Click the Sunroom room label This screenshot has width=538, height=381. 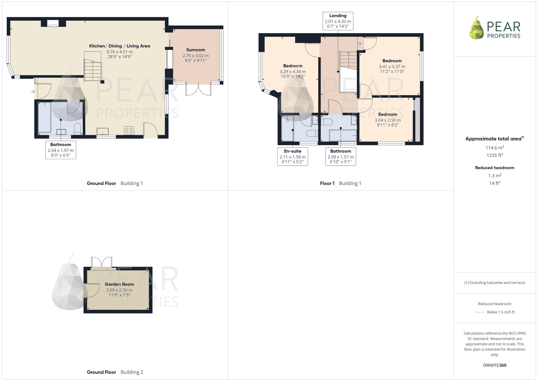(196, 50)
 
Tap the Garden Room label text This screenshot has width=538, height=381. (119, 284)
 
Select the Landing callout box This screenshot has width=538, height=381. (338, 21)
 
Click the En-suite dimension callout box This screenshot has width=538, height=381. (293, 156)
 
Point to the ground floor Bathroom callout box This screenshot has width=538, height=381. (61, 150)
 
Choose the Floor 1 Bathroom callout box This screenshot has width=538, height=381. (341, 156)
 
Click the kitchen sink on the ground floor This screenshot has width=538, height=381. (103, 131)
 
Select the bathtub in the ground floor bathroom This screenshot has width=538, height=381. (45, 117)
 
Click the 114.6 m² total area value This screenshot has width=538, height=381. (494, 148)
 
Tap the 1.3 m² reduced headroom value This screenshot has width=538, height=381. (495, 176)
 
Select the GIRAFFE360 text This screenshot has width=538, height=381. (495, 365)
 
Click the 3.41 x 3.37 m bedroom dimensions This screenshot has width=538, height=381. (392, 67)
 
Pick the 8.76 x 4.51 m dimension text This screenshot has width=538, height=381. (119, 52)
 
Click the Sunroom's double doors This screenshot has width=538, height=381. (199, 89)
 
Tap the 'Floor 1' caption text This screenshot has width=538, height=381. (327, 183)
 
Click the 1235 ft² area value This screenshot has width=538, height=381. (495, 155)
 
